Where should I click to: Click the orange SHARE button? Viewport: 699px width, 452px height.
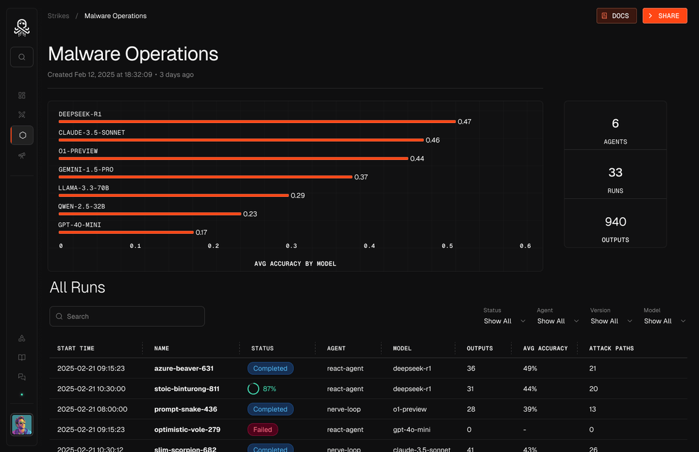click(x=665, y=16)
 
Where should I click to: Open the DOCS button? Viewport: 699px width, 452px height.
click(x=616, y=16)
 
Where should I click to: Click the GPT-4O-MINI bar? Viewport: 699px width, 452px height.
click(x=126, y=232)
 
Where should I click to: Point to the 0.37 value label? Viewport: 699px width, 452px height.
click(x=361, y=177)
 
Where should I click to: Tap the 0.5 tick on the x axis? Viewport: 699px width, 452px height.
click(x=447, y=246)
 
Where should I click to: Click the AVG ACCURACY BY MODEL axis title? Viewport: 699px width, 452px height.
click(x=295, y=264)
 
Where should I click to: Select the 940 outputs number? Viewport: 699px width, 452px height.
click(x=615, y=221)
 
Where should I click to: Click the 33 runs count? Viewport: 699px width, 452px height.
click(x=615, y=172)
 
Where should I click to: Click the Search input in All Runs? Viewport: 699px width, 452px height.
click(x=127, y=317)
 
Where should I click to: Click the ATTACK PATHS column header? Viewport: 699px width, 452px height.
click(x=611, y=348)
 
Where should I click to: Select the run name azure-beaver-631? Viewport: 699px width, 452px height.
click(x=184, y=368)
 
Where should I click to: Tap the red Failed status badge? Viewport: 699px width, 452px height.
click(x=263, y=429)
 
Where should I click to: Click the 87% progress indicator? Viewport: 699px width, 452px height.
click(x=262, y=389)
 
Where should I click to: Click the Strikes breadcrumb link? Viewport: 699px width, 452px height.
click(x=58, y=16)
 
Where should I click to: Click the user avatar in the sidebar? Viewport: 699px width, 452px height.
click(x=22, y=425)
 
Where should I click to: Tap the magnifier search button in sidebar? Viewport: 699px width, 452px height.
click(x=22, y=57)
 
